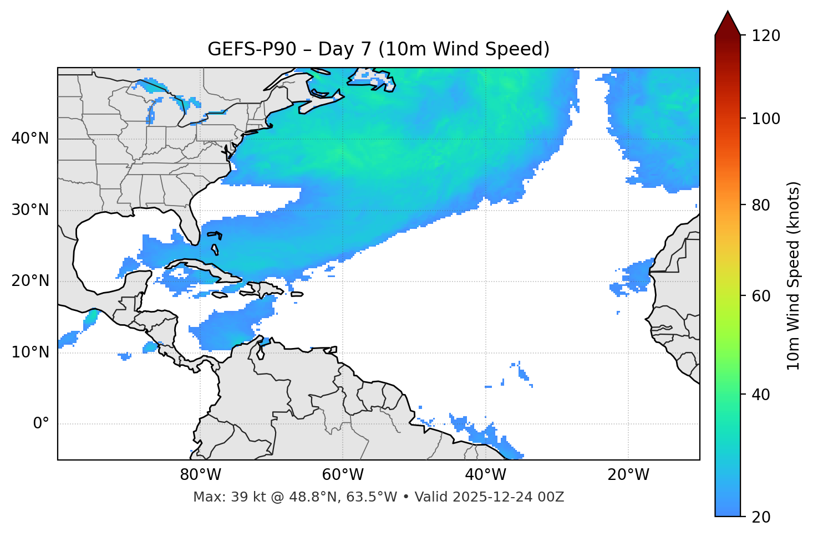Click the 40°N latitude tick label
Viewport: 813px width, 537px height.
coord(30,139)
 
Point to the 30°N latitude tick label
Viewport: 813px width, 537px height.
coord(30,210)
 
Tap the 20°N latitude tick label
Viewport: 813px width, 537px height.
coord(30,281)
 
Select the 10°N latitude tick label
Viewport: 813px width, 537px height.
coord(30,352)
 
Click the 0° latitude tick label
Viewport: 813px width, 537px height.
coord(41,424)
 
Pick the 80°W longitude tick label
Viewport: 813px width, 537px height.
coord(200,475)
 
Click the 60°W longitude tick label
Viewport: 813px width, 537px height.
coord(343,475)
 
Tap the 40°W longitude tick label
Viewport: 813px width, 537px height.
coord(485,475)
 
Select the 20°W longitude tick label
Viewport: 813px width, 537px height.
coord(628,475)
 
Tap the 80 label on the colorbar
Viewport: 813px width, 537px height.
coord(760,205)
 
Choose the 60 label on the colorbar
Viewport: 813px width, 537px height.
coord(760,296)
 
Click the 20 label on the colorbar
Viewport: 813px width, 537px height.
coord(760,517)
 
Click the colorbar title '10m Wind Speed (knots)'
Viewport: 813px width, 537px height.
coord(794,275)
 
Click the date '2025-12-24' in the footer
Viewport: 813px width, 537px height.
coord(493,497)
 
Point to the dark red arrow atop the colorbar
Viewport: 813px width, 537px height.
coord(728,24)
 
